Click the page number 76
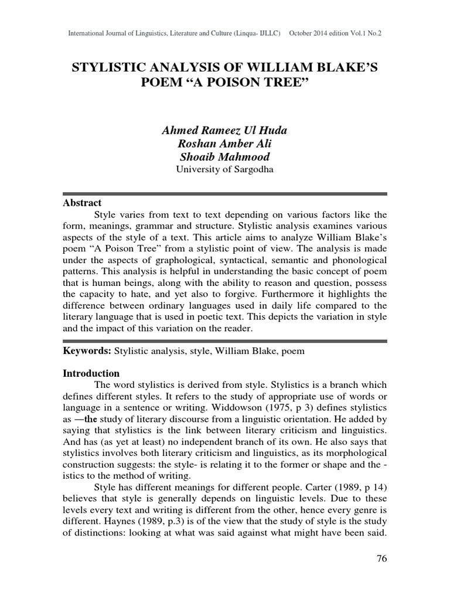381,558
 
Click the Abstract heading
82,203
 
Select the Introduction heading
91,373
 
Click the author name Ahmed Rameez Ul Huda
224,129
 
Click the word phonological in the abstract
359,259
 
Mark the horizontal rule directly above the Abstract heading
224,193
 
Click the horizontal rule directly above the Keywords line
224,340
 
